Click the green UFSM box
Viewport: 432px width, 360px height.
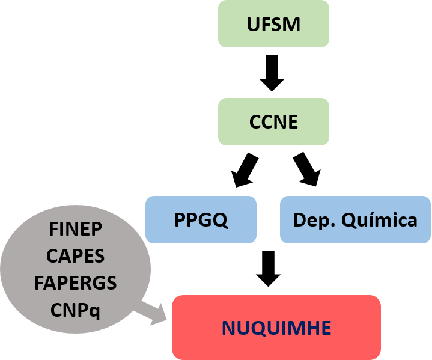(273, 24)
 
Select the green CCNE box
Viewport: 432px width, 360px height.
(273, 122)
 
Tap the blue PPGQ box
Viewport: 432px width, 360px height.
(201, 220)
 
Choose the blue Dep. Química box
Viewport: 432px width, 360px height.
(355, 220)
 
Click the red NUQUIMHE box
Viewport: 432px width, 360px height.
(276, 328)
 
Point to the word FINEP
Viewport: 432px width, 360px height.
(75, 230)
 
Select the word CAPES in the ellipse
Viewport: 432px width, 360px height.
(75, 256)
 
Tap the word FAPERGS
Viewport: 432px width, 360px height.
(75, 283)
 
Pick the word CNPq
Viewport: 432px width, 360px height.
(75, 310)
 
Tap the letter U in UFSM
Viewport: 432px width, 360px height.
(253, 25)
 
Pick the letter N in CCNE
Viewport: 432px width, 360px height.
(278, 123)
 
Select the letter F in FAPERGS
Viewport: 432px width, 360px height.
(40, 283)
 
